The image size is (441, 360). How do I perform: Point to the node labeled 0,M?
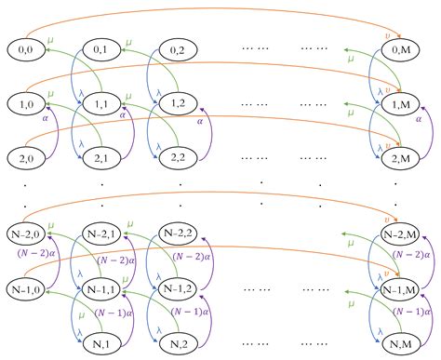402,47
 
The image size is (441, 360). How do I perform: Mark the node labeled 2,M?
402,159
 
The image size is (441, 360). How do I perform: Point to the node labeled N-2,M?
402,232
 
